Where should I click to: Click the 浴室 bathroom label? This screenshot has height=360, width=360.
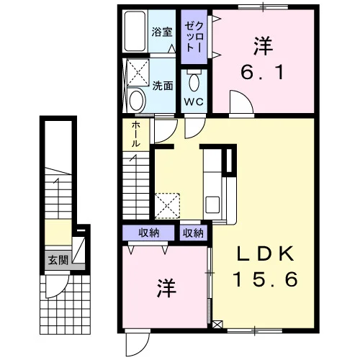point(162,32)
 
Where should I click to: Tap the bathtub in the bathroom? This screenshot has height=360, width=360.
point(135,31)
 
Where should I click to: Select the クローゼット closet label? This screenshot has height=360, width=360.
point(194,37)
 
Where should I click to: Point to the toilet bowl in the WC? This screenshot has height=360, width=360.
point(194,82)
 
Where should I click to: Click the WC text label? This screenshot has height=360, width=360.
point(194,102)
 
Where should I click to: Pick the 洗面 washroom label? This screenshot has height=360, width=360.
point(163,86)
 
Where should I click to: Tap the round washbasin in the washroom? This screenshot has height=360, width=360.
point(138,100)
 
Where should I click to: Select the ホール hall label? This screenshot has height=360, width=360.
point(136,134)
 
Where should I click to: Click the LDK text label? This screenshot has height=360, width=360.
point(266,254)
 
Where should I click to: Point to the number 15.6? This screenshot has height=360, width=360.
point(266,279)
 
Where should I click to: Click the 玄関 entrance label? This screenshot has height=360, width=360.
point(58,261)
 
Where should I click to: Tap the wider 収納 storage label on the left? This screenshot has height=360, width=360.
point(149,233)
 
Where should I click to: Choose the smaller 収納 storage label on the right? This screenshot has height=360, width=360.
point(193,233)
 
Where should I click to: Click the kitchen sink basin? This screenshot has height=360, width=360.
point(212,204)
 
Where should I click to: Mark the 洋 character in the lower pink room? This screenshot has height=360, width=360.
point(167,288)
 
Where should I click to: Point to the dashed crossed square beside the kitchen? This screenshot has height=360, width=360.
point(167,206)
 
